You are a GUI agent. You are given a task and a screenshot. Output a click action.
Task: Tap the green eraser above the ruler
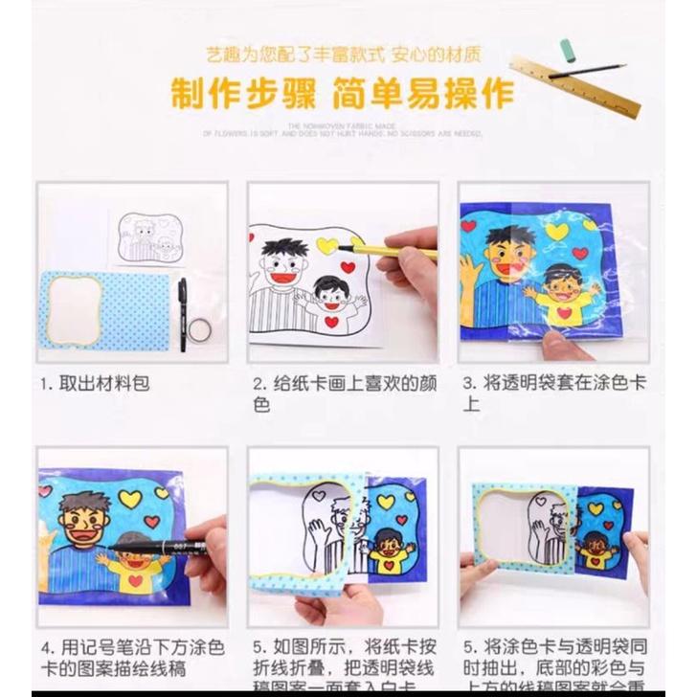pos(567,47)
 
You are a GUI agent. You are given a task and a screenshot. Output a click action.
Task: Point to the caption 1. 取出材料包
pos(95,384)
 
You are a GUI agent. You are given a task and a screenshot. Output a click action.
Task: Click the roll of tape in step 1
pos(199,329)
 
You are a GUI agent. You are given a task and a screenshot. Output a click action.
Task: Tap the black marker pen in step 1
pos(182,312)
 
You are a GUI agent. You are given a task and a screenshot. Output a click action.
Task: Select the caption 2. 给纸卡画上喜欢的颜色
pos(344,393)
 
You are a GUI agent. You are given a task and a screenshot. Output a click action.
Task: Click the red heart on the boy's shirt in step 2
pos(331,322)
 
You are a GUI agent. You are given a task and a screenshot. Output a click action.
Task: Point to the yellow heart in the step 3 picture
pos(556,232)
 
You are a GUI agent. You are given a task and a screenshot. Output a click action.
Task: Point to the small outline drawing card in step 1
pos(149,238)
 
